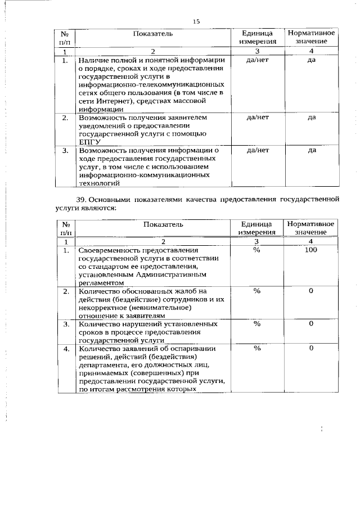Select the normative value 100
(x=310, y=250)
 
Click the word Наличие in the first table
(x=94, y=60)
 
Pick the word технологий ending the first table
(x=100, y=183)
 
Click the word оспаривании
(x=196, y=349)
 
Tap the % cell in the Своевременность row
(x=257, y=250)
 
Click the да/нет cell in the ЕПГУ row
(x=258, y=118)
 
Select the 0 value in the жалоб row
(x=310, y=291)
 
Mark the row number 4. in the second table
(x=66, y=349)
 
